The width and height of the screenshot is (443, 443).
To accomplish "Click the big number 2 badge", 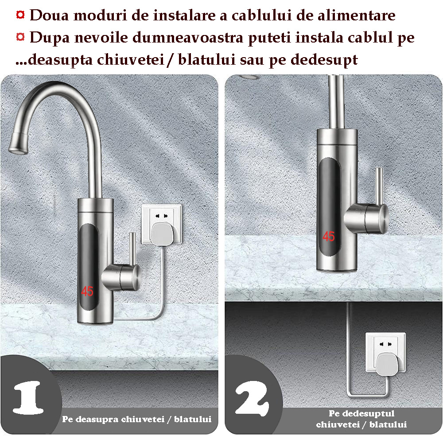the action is (x=252, y=398).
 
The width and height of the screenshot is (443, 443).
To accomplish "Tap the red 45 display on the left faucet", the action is (x=87, y=291).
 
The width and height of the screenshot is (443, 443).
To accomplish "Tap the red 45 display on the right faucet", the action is (x=329, y=237).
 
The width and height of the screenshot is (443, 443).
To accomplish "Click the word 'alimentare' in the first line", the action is (x=357, y=15).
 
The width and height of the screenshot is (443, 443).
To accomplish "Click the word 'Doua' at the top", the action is (x=49, y=15).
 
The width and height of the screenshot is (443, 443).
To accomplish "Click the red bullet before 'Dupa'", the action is (x=20, y=37).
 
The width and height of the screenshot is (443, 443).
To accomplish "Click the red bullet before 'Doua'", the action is (x=20, y=15).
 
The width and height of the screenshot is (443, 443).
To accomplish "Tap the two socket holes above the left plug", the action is (x=161, y=216).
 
